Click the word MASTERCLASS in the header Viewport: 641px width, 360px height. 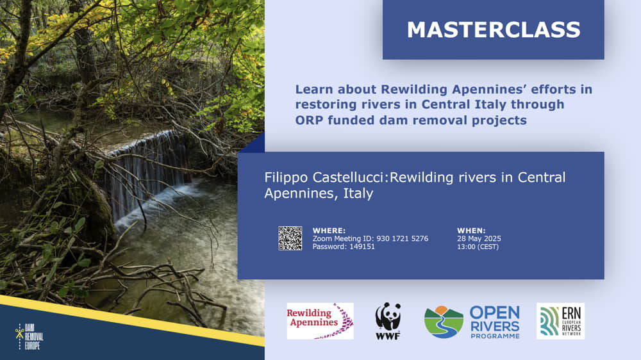point(494,30)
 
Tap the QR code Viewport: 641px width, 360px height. point(290,238)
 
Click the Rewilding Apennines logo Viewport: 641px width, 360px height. point(320,321)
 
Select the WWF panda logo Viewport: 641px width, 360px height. point(388,321)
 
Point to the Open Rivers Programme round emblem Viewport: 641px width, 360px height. point(444,322)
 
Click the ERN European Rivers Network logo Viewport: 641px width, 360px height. point(560,321)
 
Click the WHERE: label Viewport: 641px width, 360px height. point(329,231)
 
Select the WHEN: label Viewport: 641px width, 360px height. point(471,231)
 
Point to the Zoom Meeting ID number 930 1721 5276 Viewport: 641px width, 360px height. point(403,239)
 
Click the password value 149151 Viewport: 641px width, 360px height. point(362,247)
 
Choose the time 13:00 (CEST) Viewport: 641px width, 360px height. point(478,247)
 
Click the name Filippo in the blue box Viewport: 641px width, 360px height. point(286,177)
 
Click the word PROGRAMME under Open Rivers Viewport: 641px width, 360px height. point(495,336)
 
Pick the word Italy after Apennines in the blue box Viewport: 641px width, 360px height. point(358,193)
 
